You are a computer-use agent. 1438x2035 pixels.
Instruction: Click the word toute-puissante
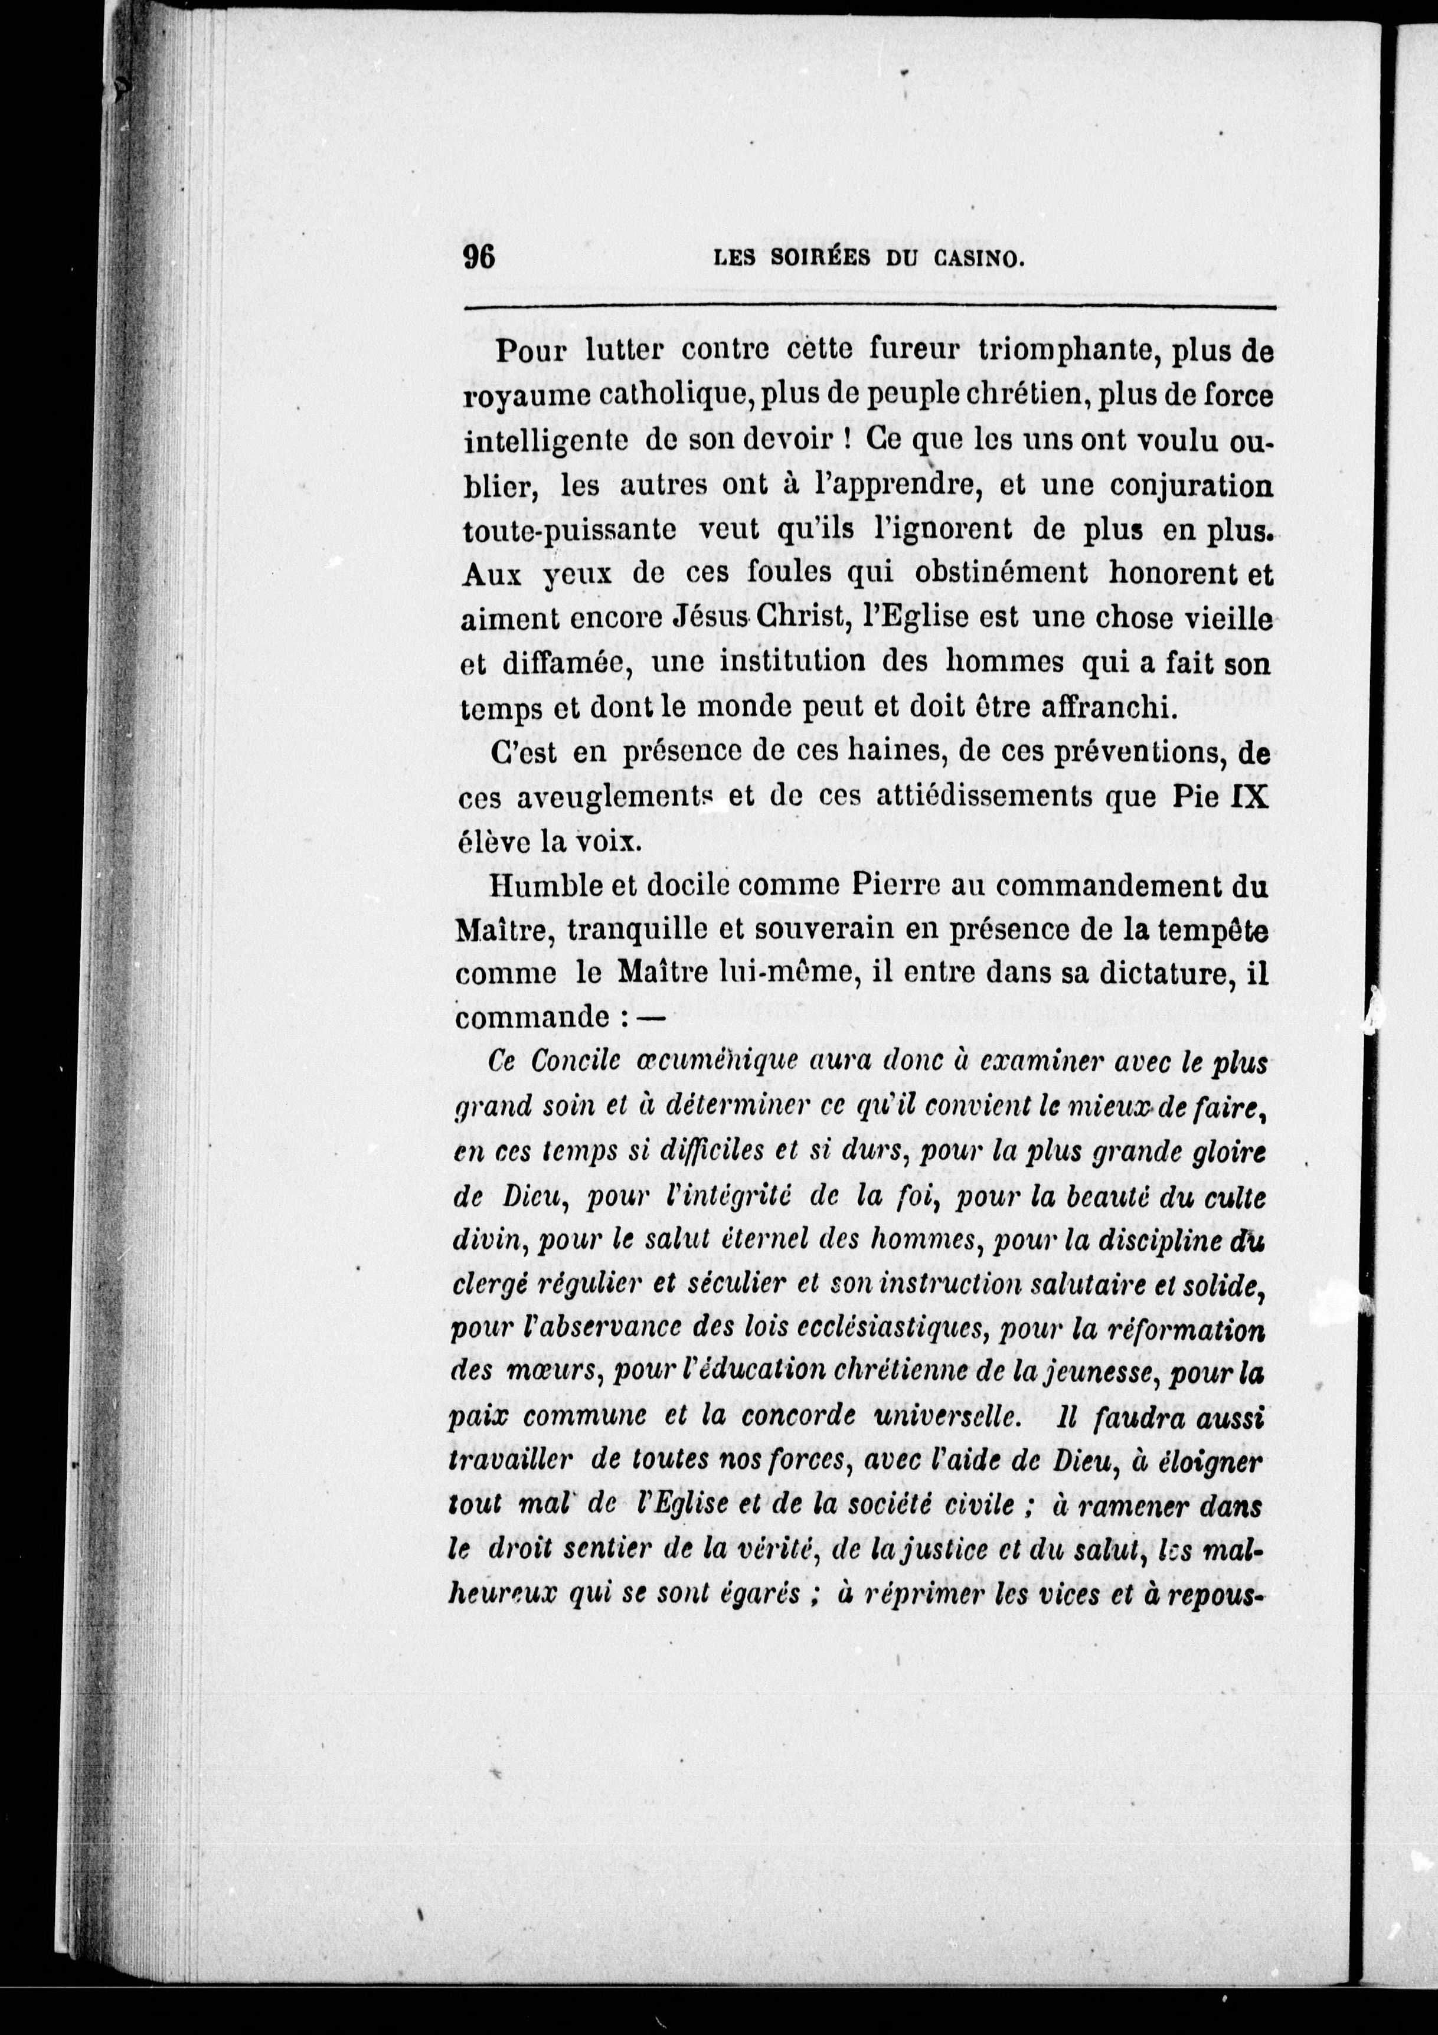[x=570, y=530]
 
